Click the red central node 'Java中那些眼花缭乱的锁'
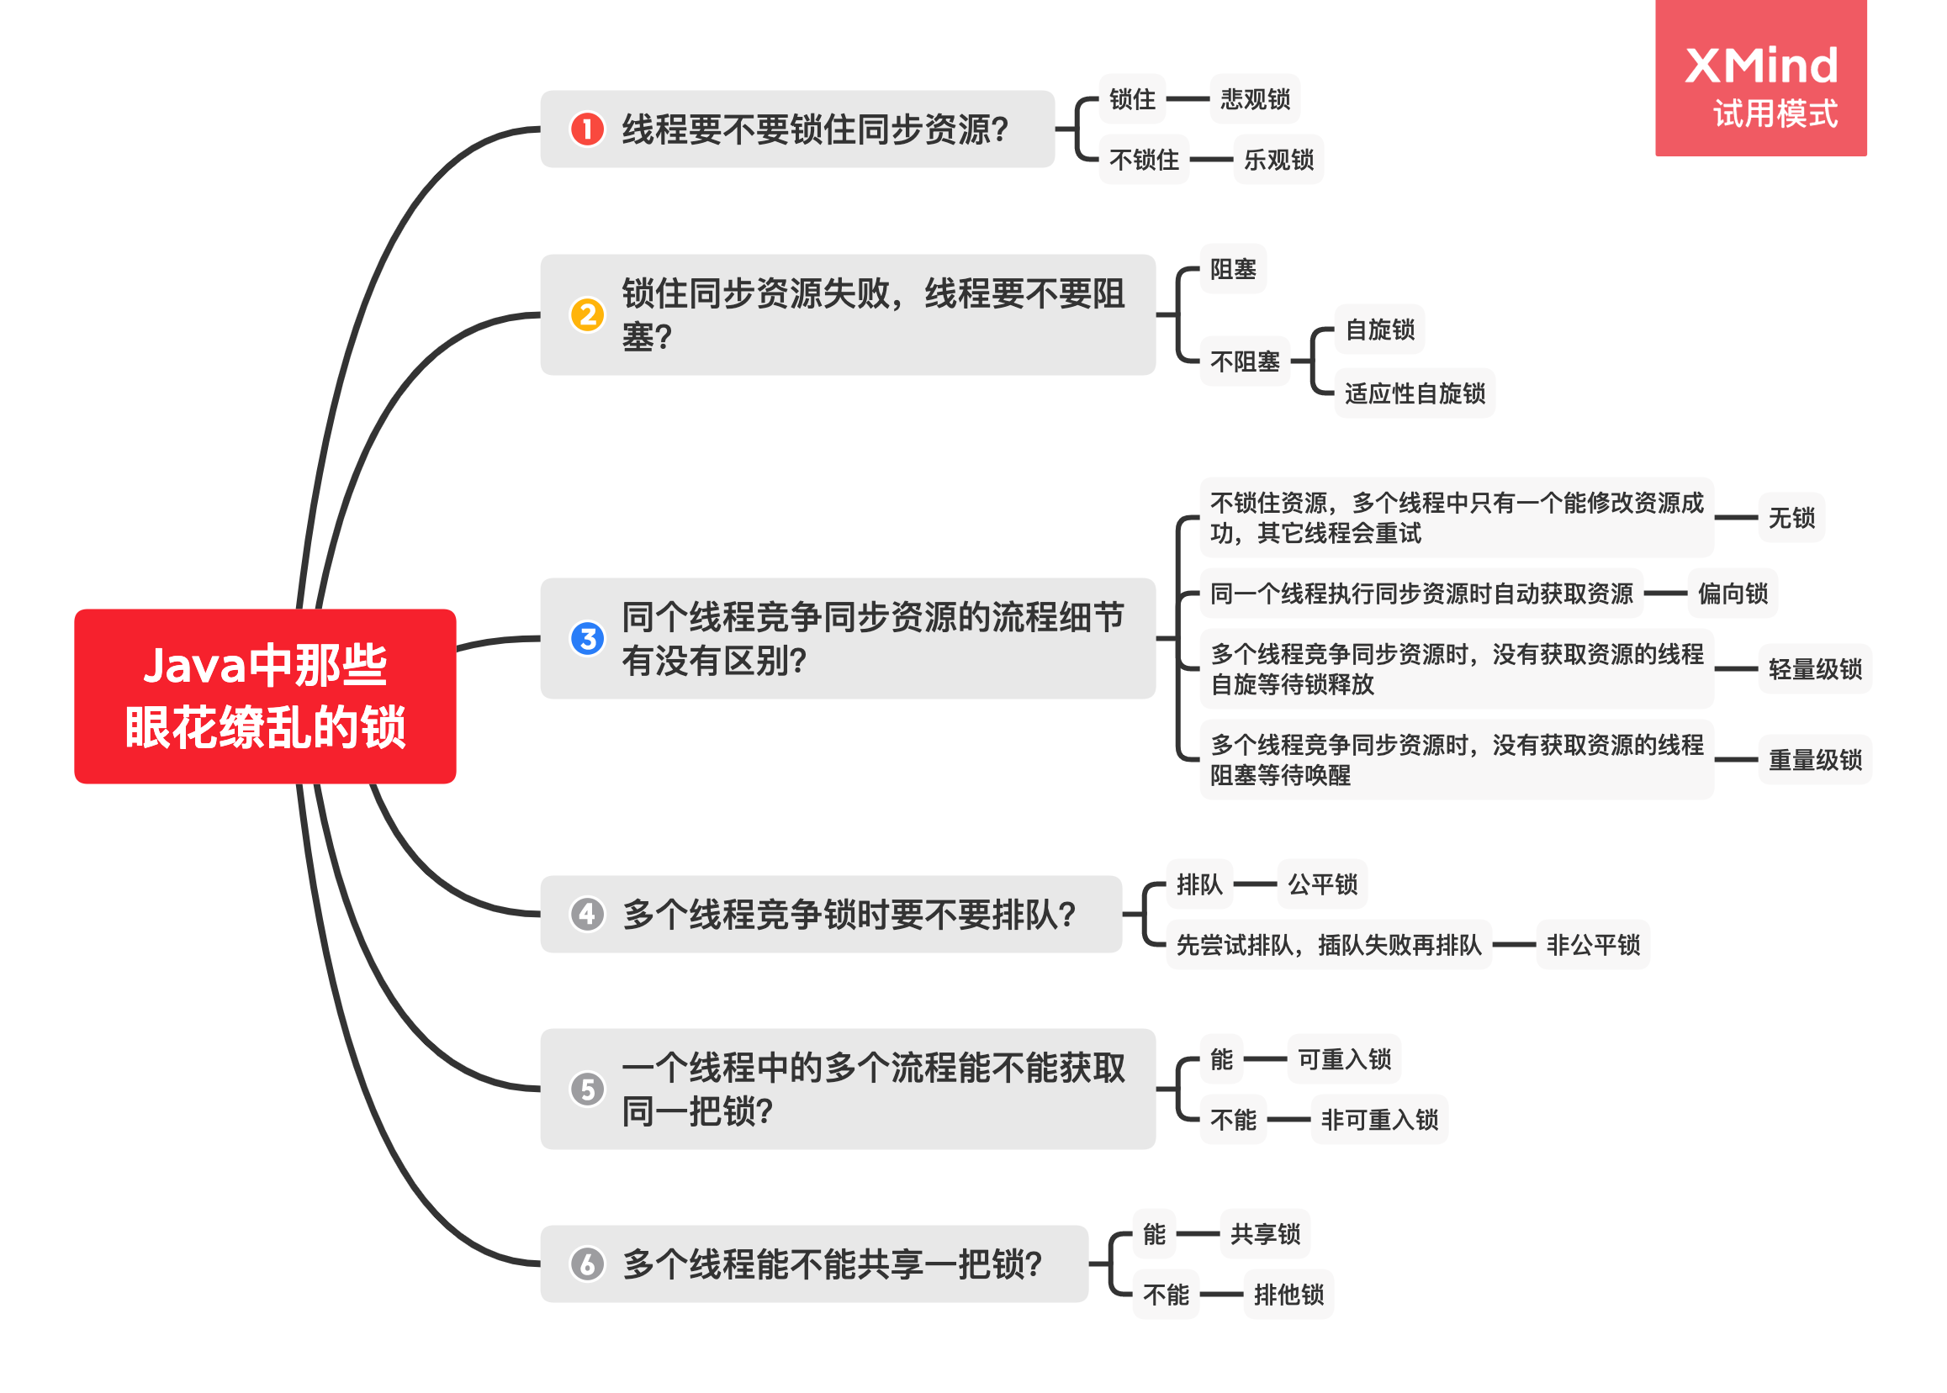264,695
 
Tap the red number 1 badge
587,129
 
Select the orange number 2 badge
587,314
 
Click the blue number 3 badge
587,638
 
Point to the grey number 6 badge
587,1264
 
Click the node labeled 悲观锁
1255,98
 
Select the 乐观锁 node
1278,160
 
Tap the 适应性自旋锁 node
1414,393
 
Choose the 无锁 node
1791,517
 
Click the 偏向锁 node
1732,593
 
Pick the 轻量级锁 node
1814,668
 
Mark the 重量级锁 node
1814,759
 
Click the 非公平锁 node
1592,944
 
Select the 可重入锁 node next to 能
1344,1059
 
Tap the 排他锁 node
1288,1294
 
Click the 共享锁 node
1265,1233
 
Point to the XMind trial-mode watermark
1760,79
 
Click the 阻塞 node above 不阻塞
1232,268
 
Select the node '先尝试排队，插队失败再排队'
1328,944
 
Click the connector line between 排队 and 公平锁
1255,884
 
